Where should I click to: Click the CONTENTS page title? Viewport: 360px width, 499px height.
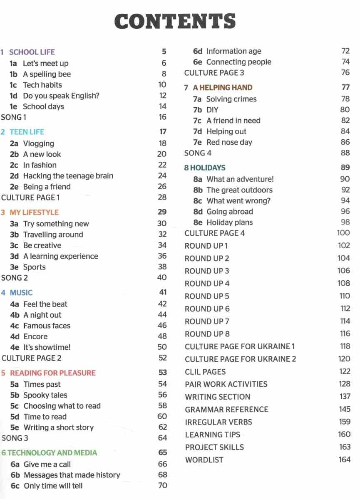click(175, 22)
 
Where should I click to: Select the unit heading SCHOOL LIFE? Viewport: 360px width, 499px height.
click(32, 52)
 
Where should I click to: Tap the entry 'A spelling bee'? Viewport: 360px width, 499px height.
click(47, 74)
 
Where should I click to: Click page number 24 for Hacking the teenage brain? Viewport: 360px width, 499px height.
click(162, 175)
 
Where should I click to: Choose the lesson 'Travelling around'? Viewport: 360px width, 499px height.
click(53, 235)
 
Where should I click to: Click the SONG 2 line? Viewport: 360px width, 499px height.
click(15, 278)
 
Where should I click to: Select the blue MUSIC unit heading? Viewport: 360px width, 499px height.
click(21, 293)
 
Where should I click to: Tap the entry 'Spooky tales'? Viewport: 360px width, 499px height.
click(45, 395)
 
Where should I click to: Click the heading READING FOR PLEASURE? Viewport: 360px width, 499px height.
click(52, 373)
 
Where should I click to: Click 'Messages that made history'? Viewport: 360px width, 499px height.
click(72, 475)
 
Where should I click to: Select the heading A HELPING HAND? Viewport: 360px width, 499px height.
click(222, 88)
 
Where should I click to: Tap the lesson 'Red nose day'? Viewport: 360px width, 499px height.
click(229, 142)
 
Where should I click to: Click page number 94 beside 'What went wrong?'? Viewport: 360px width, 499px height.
click(345, 200)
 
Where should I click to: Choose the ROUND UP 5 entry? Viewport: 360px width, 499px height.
click(207, 296)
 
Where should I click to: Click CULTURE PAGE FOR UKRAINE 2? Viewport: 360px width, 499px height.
click(240, 359)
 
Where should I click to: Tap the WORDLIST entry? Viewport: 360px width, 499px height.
click(204, 460)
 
